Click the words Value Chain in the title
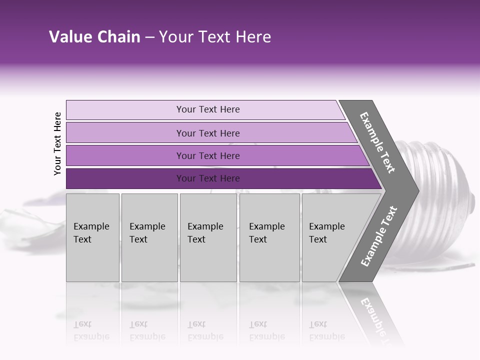click(94, 37)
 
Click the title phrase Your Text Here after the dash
click(215, 37)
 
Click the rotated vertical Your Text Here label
click(57, 143)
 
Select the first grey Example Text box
click(92, 237)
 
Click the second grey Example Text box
click(149, 237)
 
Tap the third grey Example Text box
click(208, 237)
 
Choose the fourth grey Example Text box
click(269, 237)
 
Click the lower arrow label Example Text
click(378, 236)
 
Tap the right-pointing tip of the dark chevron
click(416, 190)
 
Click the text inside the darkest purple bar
click(208, 178)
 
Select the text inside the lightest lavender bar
click(208, 109)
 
